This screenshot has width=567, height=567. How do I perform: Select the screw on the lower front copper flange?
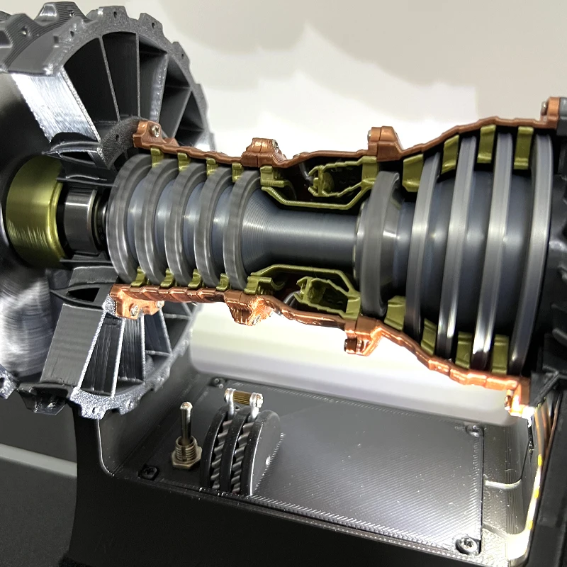(135, 310)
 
